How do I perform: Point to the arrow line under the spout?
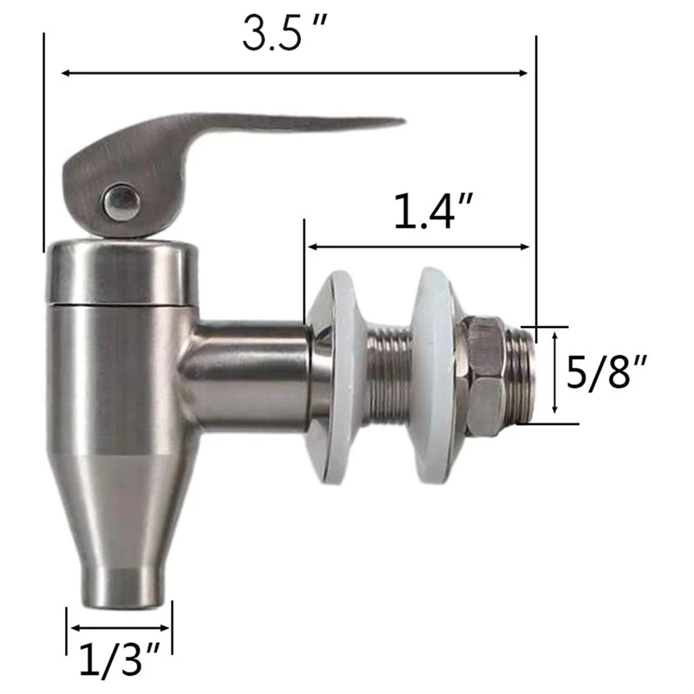pos(119,626)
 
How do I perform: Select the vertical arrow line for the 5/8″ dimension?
pos(553,376)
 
